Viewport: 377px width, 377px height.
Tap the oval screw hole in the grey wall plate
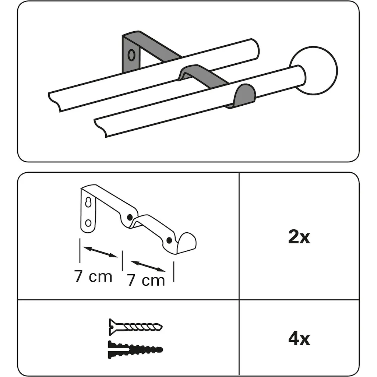(x=131, y=55)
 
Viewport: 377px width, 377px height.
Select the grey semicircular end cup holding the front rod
(x=243, y=95)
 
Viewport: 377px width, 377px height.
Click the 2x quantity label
(x=299, y=237)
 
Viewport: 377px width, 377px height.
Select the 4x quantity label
(x=299, y=339)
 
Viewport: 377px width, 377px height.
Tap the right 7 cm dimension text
(x=146, y=280)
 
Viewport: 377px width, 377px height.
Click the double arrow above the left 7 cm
(x=101, y=252)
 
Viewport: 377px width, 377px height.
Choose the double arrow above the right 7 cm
(x=148, y=267)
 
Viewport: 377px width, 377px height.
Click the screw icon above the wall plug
(x=135, y=327)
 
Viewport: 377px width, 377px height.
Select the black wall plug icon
(x=135, y=349)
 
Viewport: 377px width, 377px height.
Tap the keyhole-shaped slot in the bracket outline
(x=88, y=203)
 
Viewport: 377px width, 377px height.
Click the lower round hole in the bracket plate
(x=88, y=223)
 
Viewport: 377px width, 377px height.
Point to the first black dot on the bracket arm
(x=130, y=218)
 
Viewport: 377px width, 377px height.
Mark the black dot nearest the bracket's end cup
(x=169, y=240)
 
